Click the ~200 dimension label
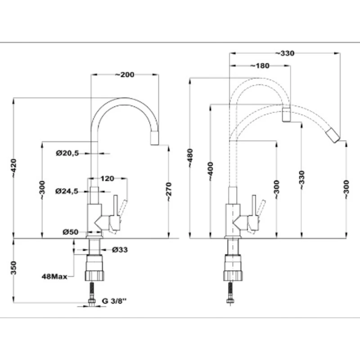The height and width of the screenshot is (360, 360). (x=125, y=75)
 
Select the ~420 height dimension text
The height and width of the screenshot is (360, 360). (x=14, y=168)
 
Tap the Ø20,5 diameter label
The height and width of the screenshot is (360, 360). (x=67, y=153)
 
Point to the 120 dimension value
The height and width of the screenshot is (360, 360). (x=107, y=178)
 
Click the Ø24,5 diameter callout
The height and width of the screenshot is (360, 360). (x=67, y=191)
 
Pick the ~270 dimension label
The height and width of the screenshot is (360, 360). (x=169, y=192)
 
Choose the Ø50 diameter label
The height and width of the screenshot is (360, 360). (x=71, y=232)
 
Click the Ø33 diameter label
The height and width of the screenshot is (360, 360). (x=120, y=250)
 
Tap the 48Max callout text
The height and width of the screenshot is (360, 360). (x=54, y=276)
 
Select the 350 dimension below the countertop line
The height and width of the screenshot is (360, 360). (x=14, y=268)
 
